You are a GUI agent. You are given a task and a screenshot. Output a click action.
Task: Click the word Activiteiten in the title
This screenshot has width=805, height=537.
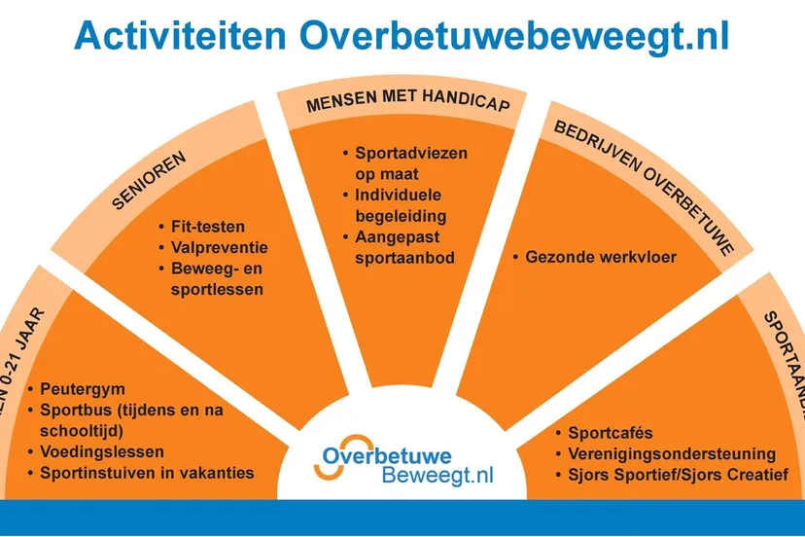[180, 36]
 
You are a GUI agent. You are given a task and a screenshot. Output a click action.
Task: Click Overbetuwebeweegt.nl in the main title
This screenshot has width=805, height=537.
[514, 36]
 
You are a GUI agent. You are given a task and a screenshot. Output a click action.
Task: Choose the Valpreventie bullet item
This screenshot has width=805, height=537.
[219, 247]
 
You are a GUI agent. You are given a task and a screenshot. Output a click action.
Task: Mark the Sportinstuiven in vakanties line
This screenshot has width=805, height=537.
[147, 473]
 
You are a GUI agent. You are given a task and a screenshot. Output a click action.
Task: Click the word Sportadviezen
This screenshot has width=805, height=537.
[411, 153]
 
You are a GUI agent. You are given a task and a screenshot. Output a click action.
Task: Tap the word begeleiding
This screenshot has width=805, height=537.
[401, 216]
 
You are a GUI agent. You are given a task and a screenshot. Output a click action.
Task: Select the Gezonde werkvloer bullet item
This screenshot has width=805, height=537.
[601, 258]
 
